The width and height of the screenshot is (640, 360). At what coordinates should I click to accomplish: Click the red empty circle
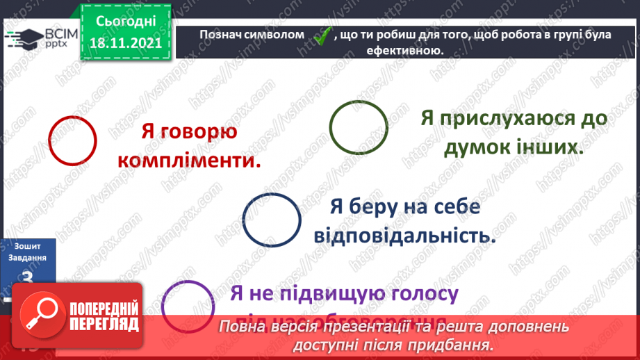click(73, 140)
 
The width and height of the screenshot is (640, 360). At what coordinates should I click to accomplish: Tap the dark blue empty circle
click(272, 220)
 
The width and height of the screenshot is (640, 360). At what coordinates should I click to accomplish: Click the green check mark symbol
click(320, 36)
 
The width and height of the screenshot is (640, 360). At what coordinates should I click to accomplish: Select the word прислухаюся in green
click(500, 117)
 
